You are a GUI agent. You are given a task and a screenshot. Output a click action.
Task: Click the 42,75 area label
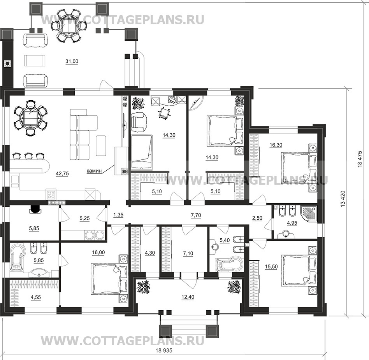click(62, 174)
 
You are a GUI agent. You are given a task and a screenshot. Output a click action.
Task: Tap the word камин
click(94, 171)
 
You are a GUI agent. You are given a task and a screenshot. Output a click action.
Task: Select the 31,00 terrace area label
click(72, 61)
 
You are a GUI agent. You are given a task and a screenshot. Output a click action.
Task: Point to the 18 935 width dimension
click(164, 350)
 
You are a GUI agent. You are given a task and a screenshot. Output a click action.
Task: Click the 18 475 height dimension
click(360, 159)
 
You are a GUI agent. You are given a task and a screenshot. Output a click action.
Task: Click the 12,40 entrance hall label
click(188, 297)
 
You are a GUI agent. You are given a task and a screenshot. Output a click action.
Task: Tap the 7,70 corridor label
click(196, 215)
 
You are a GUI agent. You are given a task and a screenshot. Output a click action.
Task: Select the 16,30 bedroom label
click(276, 145)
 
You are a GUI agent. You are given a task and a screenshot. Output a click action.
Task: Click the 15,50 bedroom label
click(271, 267)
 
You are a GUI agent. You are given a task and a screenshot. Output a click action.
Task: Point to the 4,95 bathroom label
click(292, 223)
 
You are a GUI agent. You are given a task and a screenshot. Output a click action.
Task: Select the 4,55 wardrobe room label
click(35, 297)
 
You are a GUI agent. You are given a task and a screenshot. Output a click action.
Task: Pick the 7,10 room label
click(188, 253)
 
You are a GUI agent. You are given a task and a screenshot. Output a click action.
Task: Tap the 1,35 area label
click(118, 215)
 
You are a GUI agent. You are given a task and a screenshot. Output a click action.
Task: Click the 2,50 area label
click(257, 218)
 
